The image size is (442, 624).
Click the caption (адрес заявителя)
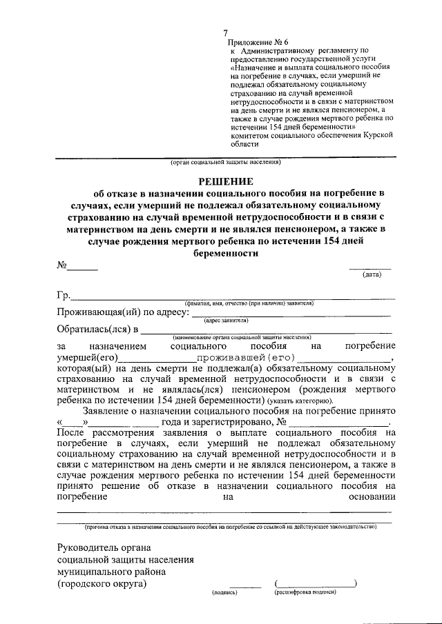click(x=226, y=321)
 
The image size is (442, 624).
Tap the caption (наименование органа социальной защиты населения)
click(x=240, y=337)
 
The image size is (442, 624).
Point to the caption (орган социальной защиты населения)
click(x=226, y=163)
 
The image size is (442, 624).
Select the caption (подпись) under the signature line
click(x=224, y=592)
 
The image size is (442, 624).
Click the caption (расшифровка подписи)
click(x=305, y=592)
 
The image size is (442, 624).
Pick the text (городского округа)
click(x=102, y=584)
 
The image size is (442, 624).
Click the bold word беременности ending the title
click(x=226, y=253)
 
